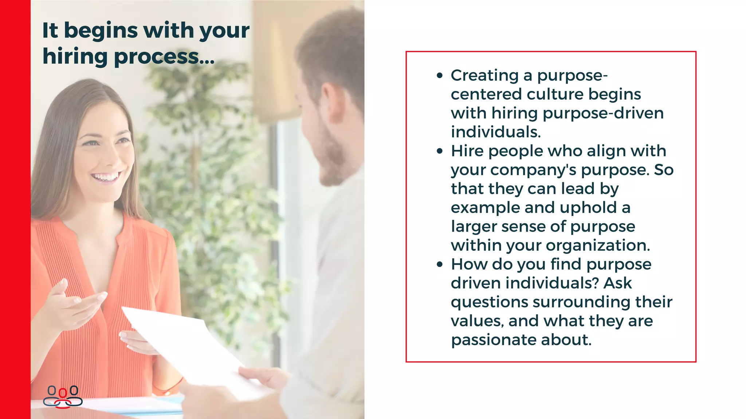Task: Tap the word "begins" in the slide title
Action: pyautogui.click(x=101, y=31)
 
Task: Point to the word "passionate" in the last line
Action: pyautogui.click(x=493, y=340)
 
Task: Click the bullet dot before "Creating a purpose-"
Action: pyautogui.click(x=440, y=76)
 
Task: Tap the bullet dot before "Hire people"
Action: pyautogui.click(x=440, y=151)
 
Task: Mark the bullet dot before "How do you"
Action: pyautogui.click(x=440, y=264)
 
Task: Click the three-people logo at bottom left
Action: pyautogui.click(x=63, y=396)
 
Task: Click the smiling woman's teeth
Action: pyautogui.click(x=106, y=177)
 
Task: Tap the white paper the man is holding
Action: pyautogui.click(x=189, y=346)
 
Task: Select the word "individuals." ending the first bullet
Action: pyautogui.click(x=496, y=132)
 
